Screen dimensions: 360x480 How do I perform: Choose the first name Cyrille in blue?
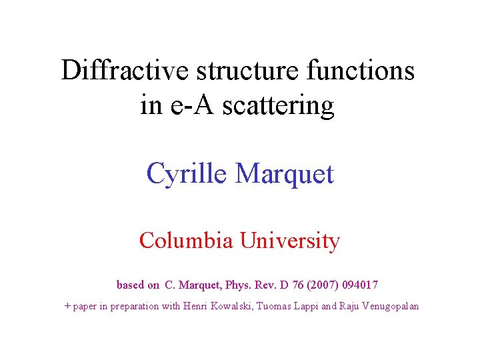pyautogui.click(x=187, y=174)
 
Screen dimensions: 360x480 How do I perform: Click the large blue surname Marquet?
pyautogui.click(x=285, y=174)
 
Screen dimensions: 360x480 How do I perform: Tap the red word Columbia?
pyautogui.click(x=186, y=240)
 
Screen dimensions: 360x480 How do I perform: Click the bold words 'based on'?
pyautogui.click(x=137, y=285)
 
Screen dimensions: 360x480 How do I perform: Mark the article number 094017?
pyautogui.click(x=361, y=285)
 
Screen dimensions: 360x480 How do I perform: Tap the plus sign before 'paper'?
pyautogui.click(x=67, y=306)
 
